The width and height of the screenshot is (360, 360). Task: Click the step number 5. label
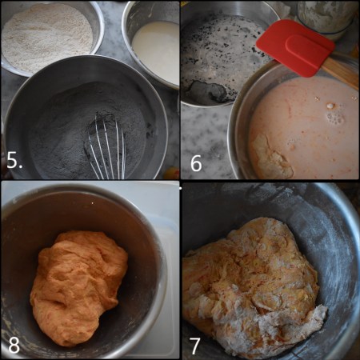point(15,162)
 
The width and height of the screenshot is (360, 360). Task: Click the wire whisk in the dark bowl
point(106,148)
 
